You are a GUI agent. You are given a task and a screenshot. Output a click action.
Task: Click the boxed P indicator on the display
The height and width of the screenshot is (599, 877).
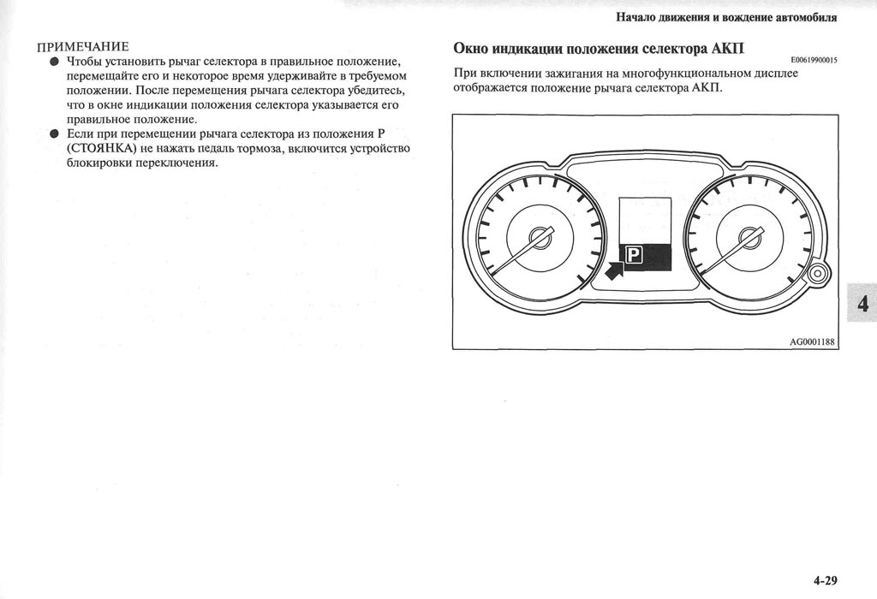point(634,254)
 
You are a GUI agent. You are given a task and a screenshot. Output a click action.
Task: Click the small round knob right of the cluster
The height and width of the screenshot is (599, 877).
point(817,275)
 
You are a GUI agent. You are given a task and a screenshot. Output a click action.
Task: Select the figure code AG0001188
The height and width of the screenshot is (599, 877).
point(812,341)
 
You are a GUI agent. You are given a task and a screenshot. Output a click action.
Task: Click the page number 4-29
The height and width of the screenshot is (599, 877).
point(825,580)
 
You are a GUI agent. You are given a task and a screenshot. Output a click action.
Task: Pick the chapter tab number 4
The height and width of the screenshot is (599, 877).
point(862,304)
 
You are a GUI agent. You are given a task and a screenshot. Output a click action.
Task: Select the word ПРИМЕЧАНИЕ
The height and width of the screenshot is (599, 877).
point(82,45)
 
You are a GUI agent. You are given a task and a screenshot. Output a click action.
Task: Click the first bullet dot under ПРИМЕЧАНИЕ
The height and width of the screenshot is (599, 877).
point(54,62)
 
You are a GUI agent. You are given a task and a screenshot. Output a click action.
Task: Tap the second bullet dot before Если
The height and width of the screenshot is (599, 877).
point(54,134)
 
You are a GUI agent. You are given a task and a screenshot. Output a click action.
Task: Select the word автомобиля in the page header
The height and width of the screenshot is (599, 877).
point(806,16)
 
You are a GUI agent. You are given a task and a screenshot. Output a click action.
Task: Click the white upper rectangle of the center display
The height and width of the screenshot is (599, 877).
point(645,219)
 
